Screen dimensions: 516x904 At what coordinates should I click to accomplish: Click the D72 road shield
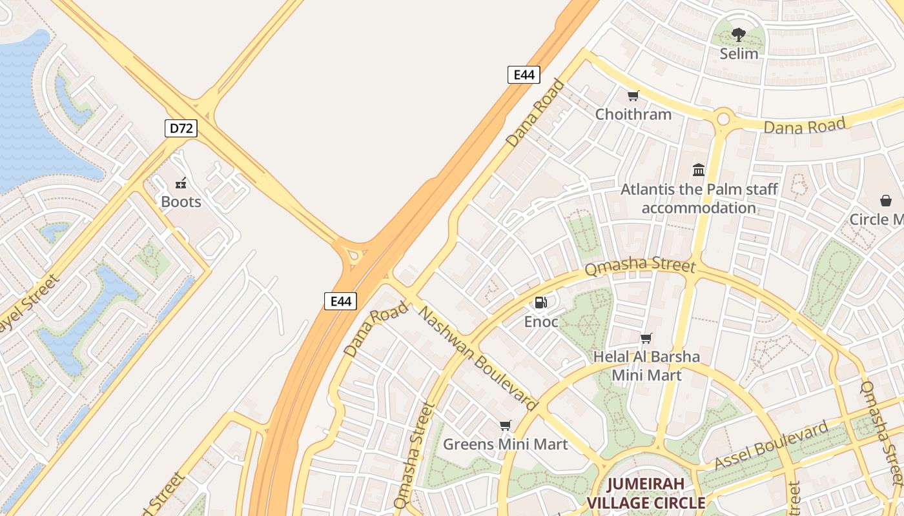point(181,128)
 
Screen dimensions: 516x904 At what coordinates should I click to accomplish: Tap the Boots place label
point(181,202)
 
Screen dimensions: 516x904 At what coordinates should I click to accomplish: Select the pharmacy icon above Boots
point(181,183)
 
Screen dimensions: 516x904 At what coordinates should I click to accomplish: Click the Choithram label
point(633,114)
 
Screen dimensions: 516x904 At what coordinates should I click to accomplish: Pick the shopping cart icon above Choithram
point(633,96)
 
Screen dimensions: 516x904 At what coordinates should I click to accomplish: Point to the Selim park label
point(739,54)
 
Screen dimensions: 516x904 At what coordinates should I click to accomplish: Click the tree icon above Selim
point(739,35)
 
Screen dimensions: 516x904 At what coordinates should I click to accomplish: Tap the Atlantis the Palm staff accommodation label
point(699,199)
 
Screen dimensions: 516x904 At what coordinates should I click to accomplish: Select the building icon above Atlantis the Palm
point(699,170)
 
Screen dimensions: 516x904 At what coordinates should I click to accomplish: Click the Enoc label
point(540,321)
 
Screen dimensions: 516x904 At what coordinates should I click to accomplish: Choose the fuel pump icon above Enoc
point(540,303)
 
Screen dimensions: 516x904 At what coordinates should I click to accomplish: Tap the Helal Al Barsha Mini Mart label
point(646,366)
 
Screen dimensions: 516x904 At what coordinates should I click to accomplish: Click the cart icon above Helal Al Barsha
point(646,339)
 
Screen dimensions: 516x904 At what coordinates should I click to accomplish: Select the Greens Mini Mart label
point(505,444)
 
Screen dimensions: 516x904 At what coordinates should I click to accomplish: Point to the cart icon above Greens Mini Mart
point(505,426)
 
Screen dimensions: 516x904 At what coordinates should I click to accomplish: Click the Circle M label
point(876,219)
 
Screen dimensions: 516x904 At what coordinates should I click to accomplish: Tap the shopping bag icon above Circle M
point(885,201)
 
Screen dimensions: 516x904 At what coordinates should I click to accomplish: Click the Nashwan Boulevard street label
point(478,359)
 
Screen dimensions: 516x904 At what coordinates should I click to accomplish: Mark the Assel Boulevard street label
point(772,446)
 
